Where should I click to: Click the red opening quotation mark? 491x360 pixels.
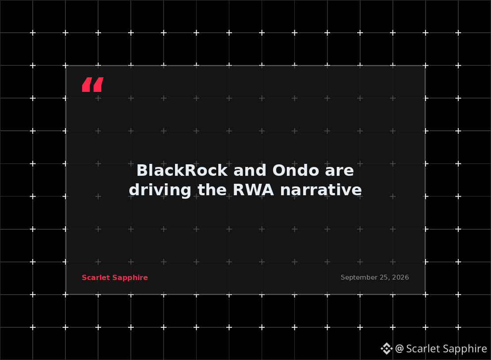click(93, 84)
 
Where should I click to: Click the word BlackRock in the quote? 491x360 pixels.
click(182, 171)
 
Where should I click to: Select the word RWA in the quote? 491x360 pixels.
click(253, 190)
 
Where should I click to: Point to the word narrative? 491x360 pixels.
click(321, 190)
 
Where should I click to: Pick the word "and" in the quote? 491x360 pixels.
click(250, 171)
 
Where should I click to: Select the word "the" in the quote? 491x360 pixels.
click(212, 190)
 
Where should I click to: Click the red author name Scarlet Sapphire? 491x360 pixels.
click(115, 278)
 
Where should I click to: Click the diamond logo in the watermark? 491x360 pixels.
click(387, 349)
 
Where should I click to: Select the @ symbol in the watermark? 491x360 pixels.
click(399, 349)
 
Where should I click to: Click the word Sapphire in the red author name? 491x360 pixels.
click(130, 278)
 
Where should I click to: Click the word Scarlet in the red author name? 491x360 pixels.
click(96, 278)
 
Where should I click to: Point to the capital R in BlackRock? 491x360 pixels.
click(191, 171)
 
